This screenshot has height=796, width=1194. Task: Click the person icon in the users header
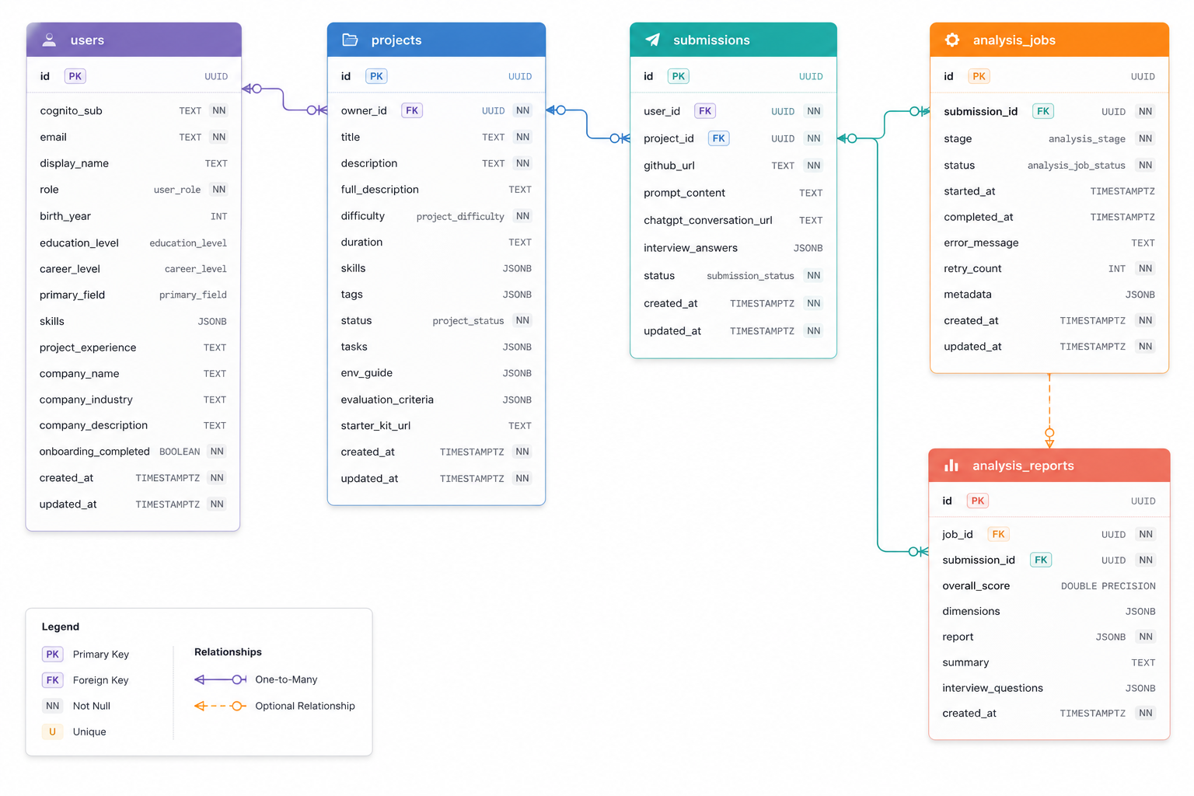(x=49, y=40)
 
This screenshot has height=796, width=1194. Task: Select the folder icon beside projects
(x=350, y=40)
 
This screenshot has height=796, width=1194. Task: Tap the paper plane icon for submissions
(x=652, y=40)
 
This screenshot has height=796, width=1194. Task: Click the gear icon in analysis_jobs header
(x=952, y=40)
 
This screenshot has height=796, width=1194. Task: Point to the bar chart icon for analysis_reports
(x=951, y=466)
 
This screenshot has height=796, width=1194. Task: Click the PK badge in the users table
(x=75, y=76)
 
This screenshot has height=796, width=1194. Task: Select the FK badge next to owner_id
(x=411, y=110)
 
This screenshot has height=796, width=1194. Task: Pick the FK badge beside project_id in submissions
(x=718, y=138)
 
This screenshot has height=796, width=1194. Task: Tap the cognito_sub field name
(x=71, y=111)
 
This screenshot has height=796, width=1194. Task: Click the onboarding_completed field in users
(x=94, y=452)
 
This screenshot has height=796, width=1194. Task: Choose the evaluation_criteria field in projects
(x=387, y=400)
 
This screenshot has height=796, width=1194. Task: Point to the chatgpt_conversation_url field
(x=708, y=220)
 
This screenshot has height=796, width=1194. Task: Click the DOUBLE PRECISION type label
(x=1108, y=586)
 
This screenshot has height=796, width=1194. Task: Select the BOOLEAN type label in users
(x=180, y=452)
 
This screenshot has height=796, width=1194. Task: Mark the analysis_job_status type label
(x=1076, y=166)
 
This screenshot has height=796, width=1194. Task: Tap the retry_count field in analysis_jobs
(x=972, y=269)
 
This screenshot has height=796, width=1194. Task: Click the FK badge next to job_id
(x=998, y=534)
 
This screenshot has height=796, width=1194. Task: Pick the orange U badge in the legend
(x=52, y=731)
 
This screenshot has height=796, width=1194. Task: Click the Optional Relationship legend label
(x=305, y=706)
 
